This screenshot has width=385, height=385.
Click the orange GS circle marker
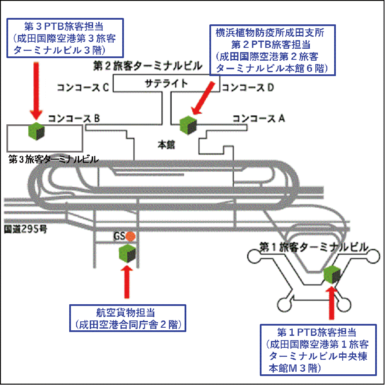(x=131, y=236)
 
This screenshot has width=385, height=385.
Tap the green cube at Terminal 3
(x=36, y=132)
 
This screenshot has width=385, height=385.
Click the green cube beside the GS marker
(x=127, y=253)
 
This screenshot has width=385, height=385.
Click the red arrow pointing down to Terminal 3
(x=36, y=88)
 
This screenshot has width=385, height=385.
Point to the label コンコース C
(x=84, y=88)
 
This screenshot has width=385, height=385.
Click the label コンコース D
(x=247, y=88)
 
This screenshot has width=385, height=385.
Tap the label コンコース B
(x=74, y=118)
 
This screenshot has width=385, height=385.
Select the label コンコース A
(x=258, y=118)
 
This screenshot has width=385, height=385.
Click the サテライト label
(x=166, y=83)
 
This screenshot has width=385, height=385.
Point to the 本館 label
(x=166, y=145)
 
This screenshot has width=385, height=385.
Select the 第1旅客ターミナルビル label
(x=314, y=247)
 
